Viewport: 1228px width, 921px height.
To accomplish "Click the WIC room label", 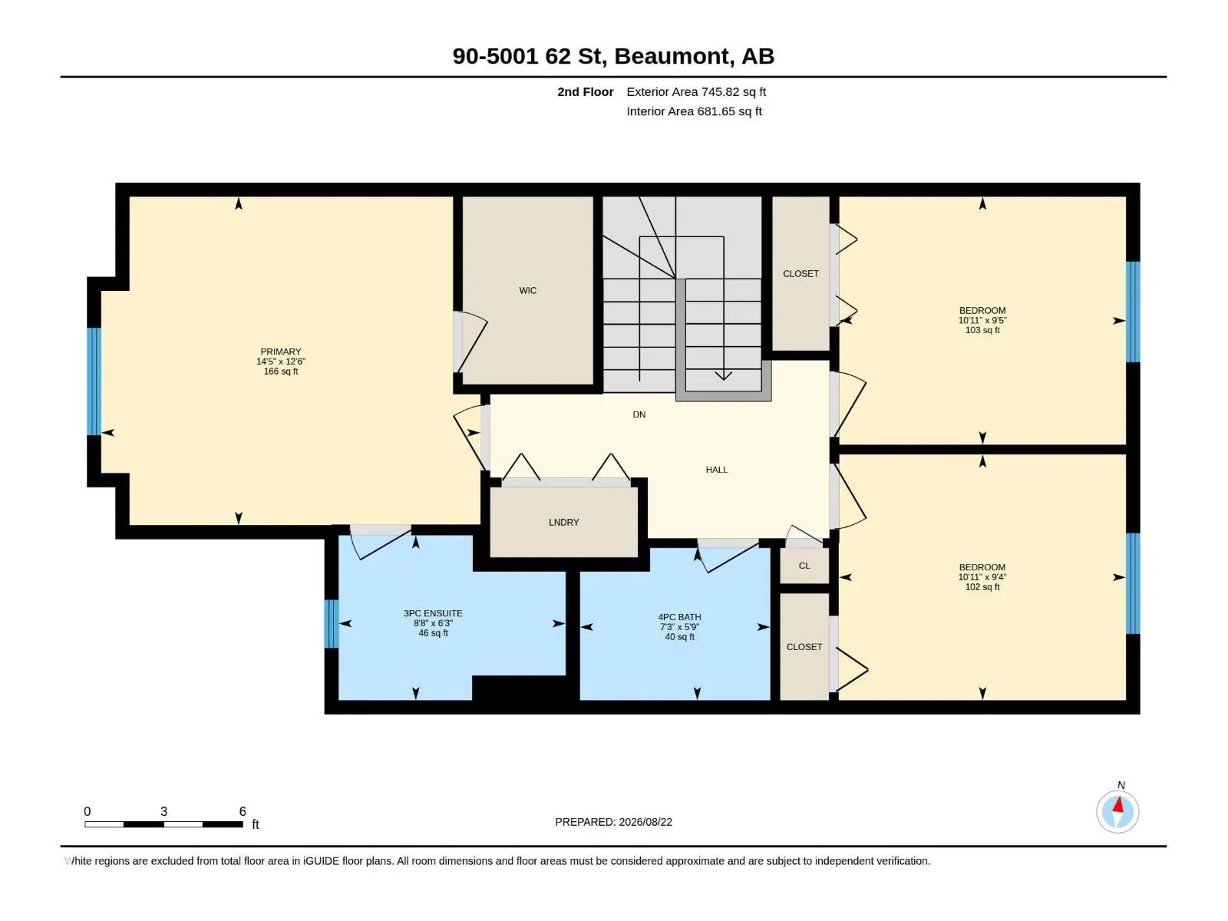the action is coord(527,290).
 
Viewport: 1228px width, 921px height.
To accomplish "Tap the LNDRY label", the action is coord(563,523).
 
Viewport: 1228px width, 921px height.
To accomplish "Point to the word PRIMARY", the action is coord(281,352).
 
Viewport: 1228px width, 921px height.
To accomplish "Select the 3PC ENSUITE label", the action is coord(433,613).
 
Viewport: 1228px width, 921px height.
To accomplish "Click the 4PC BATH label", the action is coord(679,617).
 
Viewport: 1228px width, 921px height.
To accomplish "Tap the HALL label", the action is coord(717,470).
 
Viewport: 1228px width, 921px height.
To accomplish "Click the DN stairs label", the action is coord(639,414).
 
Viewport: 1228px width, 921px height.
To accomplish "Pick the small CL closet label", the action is coord(804,566).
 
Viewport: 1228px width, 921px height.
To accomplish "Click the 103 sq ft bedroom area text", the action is coord(982,330).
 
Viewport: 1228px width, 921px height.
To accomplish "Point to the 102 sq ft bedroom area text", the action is coord(982,586).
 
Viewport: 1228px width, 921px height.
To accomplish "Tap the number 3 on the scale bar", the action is coord(163,811).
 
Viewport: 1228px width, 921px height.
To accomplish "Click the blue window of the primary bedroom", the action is coord(94,381).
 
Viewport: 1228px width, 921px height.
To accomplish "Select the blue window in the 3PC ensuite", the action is coord(332,623).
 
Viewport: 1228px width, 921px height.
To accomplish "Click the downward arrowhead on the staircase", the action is coord(724,375).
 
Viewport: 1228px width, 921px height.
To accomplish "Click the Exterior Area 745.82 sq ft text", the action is coord(696,91).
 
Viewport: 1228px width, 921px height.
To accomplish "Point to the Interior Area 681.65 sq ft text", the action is coord(694,111).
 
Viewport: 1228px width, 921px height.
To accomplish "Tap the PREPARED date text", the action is coord(613,822).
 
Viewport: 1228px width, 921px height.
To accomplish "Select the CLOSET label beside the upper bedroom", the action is coord(801,273).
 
